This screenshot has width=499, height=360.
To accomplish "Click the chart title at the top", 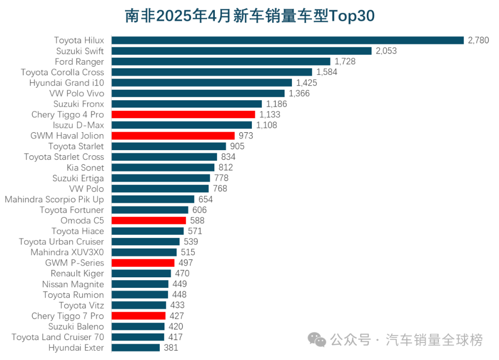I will pyautogui.click(x=249, y=16).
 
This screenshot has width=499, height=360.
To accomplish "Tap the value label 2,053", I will pyautogui.click(x=386, y=51).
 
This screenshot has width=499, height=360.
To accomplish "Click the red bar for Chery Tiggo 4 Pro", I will pyautogui.click(x=183, y=115).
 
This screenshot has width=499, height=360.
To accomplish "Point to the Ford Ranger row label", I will pyautogui.click(x=79, y=61).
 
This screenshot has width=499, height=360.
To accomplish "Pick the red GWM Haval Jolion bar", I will pyautogui.click(x=173, y=136).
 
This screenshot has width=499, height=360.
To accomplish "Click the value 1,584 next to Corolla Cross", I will pyautogui.click(x=327, y=72).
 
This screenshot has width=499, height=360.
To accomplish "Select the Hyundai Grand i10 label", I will pyautogui.click(x=67, y=83).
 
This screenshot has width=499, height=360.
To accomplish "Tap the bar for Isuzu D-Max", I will pyautogui.click(x=182, y=125).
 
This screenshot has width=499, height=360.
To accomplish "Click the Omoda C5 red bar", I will pyautogui.click(x=149, y=220).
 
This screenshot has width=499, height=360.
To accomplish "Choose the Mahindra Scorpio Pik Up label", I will pyautogui.click(x=55, y=199).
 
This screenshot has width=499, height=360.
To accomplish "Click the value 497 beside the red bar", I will pyautogui.click(x=186, y=263).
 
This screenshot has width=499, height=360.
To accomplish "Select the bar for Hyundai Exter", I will pyautogui.click(x=136, y=348).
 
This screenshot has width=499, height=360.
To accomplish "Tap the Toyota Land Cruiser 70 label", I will pyautogui.click(x=58, y=337).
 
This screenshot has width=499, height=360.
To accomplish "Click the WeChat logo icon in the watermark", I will pyautogui.click(x=317, y=341).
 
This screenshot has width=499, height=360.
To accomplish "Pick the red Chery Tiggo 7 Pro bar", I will pyautogui.click(x=139, y=316).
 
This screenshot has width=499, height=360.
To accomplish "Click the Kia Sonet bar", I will pyautogui.click(x=163, y=167).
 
